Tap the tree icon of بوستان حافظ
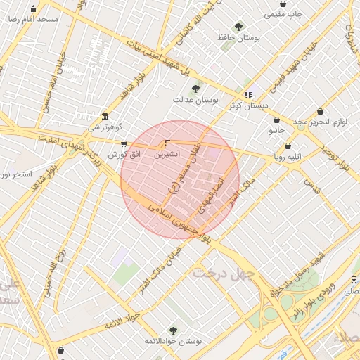pos(238,27)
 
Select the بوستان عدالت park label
pos(196,100)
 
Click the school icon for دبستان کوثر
pos(247,94)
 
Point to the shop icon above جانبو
pos(276,120)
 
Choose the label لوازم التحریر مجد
pos(321,122)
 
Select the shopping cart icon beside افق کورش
pos(124,144)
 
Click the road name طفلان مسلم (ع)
pos(185,167)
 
